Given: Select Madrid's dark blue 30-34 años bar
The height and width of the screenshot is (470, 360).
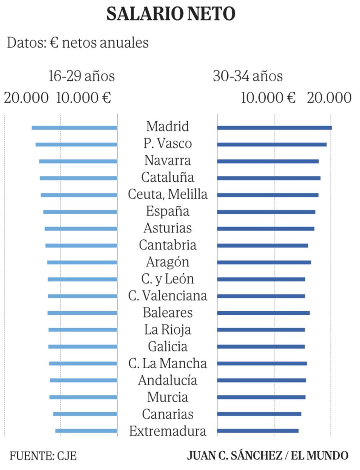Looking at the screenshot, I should coord(274,128).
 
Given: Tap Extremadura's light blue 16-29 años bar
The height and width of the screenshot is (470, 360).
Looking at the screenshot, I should coord(86,431).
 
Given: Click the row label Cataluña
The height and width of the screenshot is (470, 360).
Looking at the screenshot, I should coord(167,177).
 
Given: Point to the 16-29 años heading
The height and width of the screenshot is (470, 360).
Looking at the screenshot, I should coord(81,76).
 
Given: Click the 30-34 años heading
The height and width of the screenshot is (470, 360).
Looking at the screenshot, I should coord(247,76).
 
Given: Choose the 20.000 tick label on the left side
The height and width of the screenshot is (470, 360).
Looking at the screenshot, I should coord(26,98).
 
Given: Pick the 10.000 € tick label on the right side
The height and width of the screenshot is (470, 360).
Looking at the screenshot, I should coord(268,98).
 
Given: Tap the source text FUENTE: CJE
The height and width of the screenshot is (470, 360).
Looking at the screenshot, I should coord(43,456).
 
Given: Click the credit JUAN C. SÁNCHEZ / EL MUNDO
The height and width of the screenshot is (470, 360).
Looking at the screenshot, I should coord(268,456).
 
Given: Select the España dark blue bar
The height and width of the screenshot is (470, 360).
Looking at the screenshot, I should coord(266,212).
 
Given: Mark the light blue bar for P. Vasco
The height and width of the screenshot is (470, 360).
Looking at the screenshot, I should coord(76,145).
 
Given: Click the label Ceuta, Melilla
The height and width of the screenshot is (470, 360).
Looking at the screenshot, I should coord(167,194).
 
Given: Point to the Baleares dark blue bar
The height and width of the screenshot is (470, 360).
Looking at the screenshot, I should coord(263,313).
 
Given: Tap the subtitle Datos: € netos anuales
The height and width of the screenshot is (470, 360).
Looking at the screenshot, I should coord(78,42).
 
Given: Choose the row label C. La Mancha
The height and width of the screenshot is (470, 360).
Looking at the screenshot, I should coord(167,363).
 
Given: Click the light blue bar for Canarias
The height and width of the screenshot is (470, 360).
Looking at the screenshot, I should coord(85,414).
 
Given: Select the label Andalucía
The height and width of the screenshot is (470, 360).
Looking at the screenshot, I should coord(167,380).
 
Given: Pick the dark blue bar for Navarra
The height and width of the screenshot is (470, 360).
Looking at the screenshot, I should coord(268,161).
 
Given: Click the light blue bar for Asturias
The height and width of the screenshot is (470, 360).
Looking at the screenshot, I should coord(81,229).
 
